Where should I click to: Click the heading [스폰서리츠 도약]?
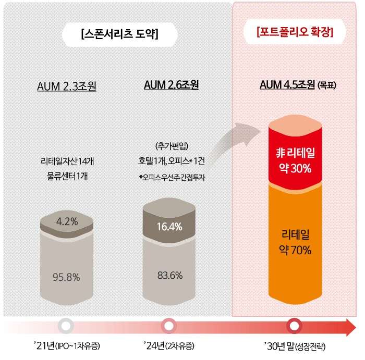tap(120, 34)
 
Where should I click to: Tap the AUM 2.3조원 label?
tap(67, 85)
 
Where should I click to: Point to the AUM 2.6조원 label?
tap(171, 84)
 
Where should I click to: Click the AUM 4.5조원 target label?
tap(295, 85)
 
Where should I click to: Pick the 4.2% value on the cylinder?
tap(67, 221)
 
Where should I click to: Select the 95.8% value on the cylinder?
tap(67, 277)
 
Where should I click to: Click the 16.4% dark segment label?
tap(169, 226)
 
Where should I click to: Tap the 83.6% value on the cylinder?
tap(169, 275)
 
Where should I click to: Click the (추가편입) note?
tap(171, 145)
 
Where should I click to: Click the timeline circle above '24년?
tap(168, 326)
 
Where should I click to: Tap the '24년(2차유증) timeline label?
tap(169, 346)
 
